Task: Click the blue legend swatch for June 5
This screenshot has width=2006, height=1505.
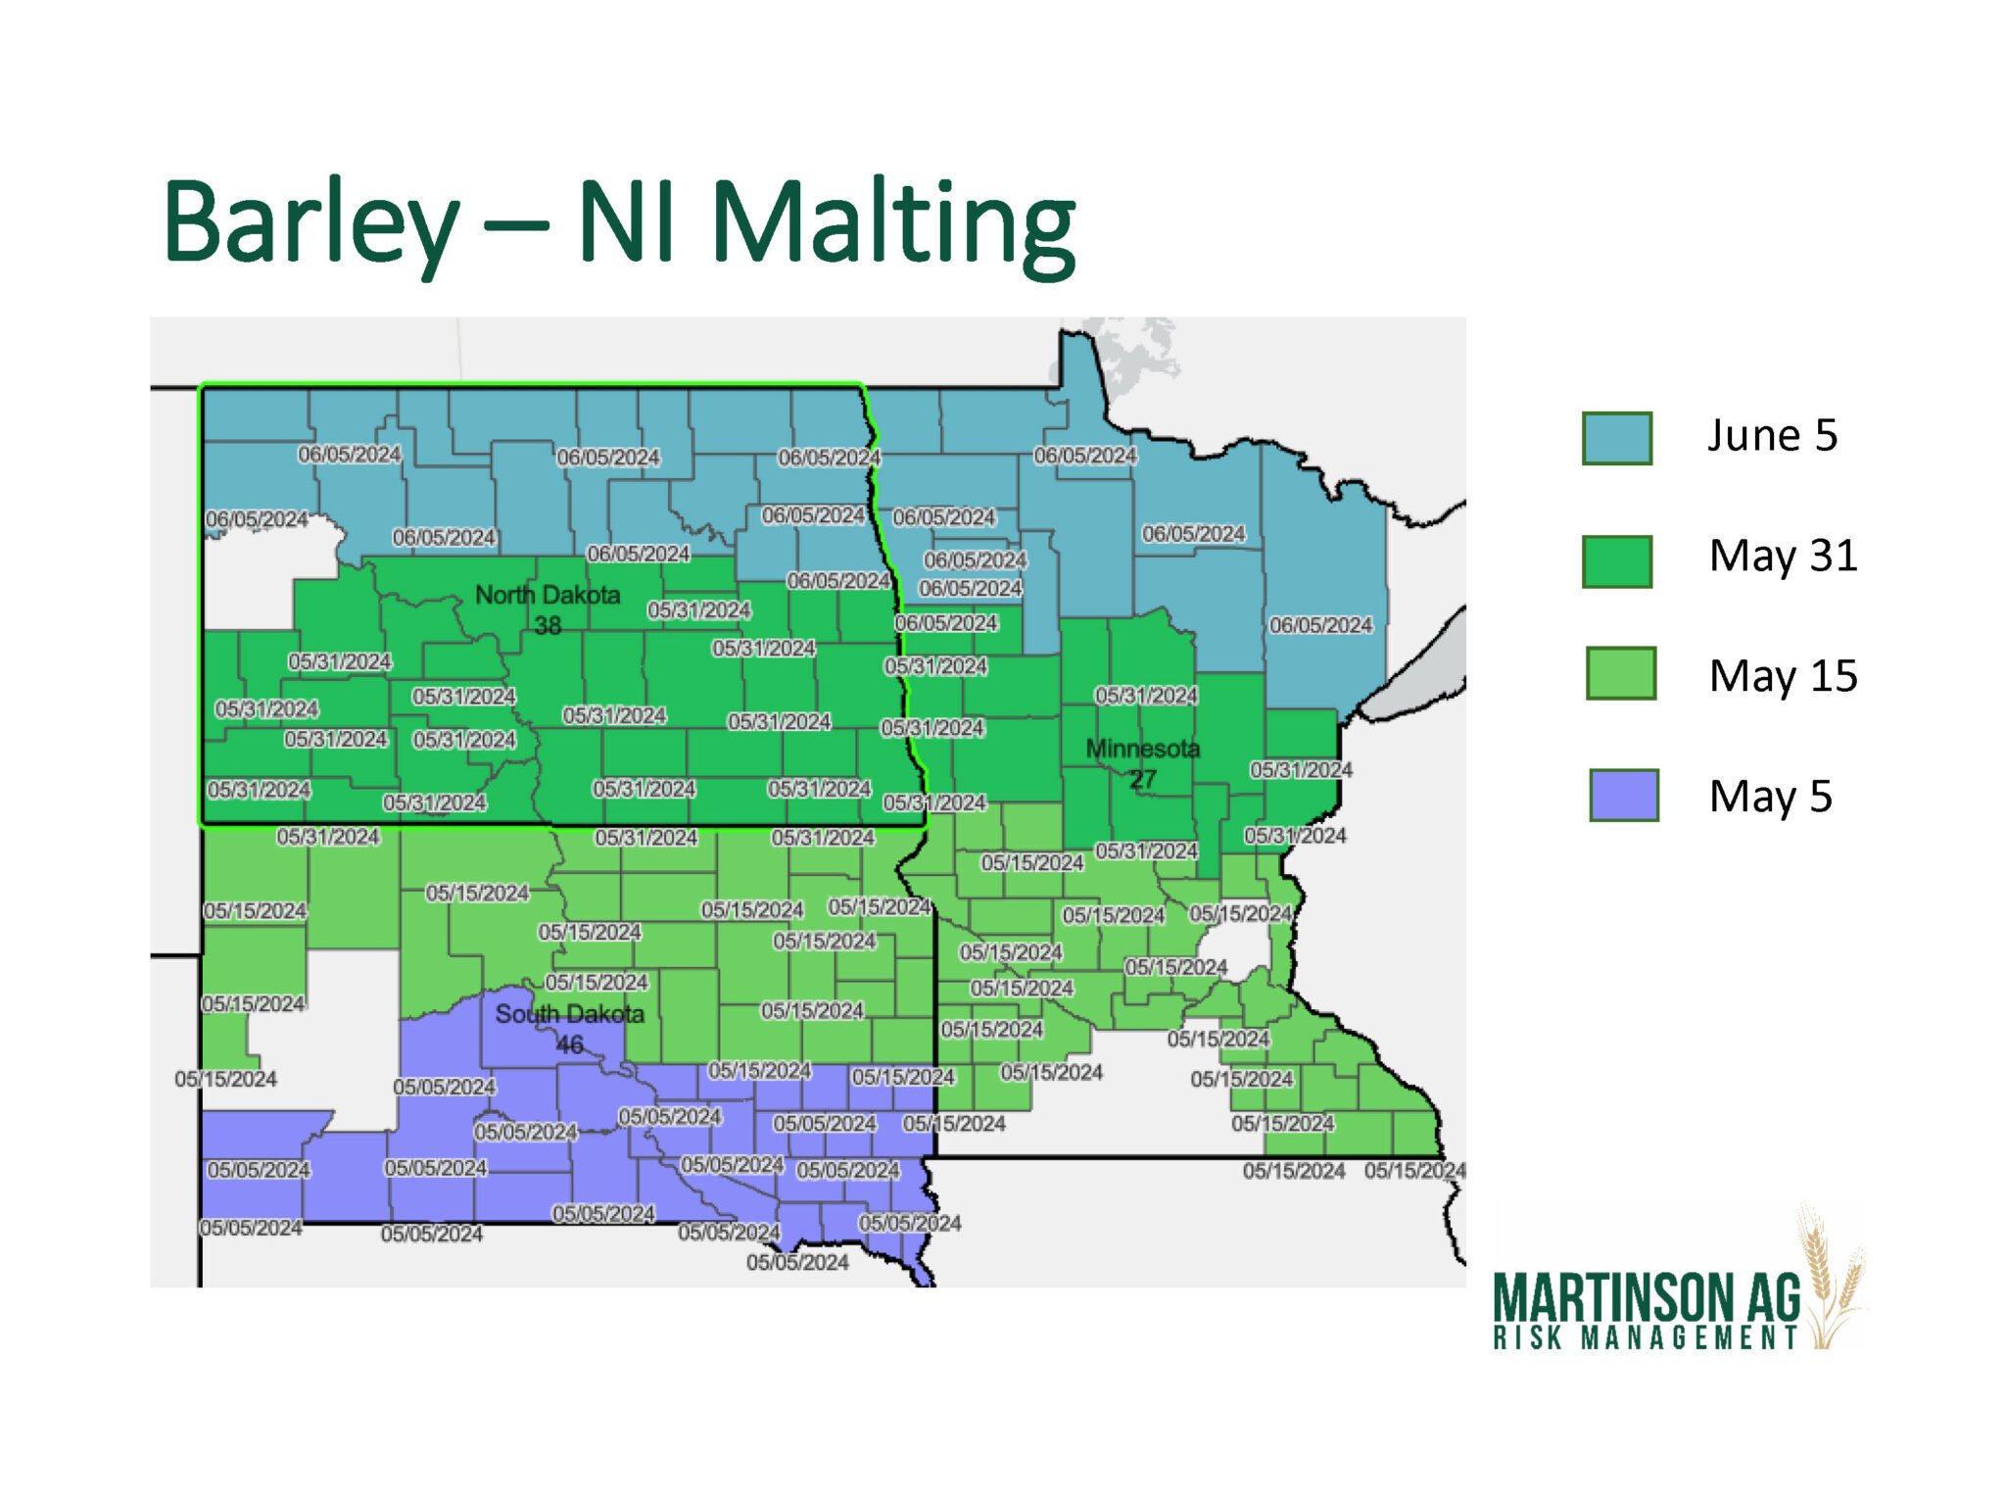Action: tap(1616, 438)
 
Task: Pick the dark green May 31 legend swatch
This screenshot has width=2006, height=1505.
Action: tap(1616, 561)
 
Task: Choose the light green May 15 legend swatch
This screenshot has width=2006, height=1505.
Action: tap(1620, 673)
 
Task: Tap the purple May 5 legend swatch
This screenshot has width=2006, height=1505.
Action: tap(1623, 795)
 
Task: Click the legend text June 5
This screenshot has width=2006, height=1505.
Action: tap(1772, 436)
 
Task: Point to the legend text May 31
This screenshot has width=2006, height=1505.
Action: tap(1783, 557)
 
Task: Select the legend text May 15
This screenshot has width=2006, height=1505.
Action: tap(1783, 677)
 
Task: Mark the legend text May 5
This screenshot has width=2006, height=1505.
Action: tap(1770, 798)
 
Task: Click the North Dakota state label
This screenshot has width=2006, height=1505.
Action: tap(548, 595)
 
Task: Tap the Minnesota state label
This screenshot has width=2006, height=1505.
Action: tap(1142, 750)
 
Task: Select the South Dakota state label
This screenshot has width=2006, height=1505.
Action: tap(569, 1014)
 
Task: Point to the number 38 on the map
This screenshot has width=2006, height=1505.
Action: tap(548, 625)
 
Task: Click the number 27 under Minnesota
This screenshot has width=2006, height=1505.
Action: tap(1142, 780)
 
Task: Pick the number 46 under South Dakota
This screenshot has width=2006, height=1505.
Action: tap(569, 1044)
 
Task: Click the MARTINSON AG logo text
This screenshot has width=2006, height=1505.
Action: tap(1647, 1298)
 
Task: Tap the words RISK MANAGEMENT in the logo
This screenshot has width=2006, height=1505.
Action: tap(1646, 1338)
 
